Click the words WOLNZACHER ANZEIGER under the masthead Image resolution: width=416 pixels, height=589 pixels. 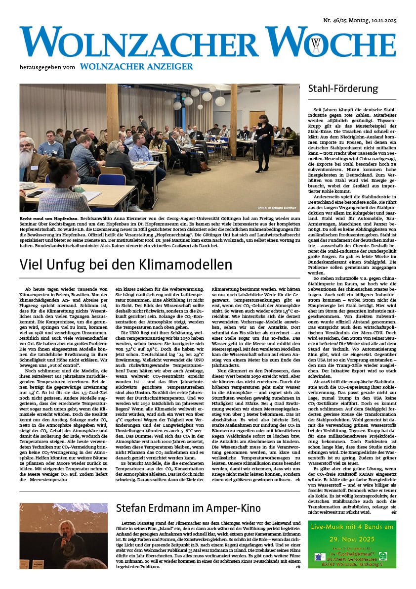[x=136, y=66]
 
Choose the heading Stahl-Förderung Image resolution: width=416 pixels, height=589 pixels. [x=343, y=89]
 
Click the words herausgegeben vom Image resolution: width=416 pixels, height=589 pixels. [x=47, y=67]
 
